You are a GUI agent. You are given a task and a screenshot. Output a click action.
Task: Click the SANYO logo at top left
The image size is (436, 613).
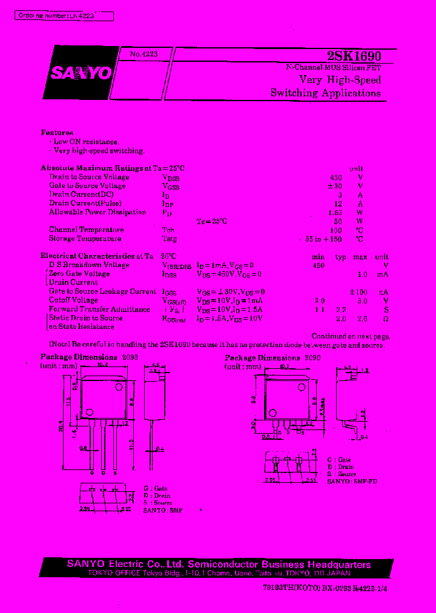(80, 73)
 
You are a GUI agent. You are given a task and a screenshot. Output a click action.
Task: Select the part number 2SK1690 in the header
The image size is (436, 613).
(354, 56)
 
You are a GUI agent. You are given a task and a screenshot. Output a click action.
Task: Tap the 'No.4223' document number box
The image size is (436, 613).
(144, 55)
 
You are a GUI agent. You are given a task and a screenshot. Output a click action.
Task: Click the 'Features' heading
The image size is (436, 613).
(57, 133)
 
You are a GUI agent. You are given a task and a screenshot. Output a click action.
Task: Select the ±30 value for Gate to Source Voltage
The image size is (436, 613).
(334, 187)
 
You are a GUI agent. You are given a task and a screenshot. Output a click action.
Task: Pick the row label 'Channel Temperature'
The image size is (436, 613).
(86, 230)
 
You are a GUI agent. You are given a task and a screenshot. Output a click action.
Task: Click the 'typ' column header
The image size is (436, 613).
(340, 257)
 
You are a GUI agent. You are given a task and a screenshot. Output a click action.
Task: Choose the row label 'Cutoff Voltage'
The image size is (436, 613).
(73, 300)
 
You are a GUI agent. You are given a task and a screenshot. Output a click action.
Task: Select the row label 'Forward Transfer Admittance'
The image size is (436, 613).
(99, 310)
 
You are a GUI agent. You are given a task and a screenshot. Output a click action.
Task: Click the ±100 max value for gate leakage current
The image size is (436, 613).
(358, 292)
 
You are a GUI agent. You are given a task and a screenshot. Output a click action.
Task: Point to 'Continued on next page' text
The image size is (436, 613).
(350, 336)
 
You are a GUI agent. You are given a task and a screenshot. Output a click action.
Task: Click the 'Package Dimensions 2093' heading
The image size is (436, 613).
(89, 357)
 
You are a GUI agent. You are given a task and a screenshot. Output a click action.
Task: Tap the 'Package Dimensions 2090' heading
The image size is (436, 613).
(272, 358)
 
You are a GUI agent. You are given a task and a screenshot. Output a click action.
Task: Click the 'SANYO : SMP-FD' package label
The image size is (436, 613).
(351, 481)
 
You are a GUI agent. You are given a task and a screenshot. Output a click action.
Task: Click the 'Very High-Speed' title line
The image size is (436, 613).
(340, 80)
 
